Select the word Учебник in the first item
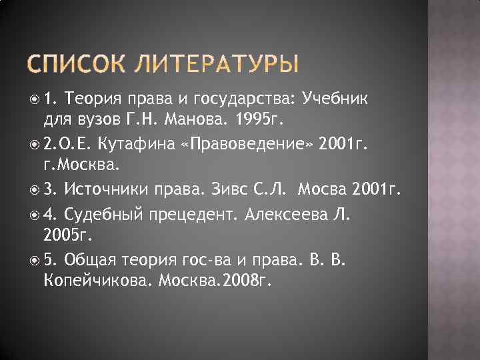(341, 99)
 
